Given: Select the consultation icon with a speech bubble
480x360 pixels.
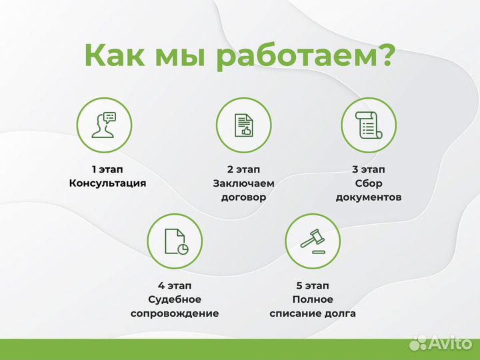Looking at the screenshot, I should coord(105,125).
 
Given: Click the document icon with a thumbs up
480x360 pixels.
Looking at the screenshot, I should coord(243,125).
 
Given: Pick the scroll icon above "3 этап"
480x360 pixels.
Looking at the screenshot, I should coord(369,125).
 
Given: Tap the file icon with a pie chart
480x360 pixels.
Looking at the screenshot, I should coord(175,241).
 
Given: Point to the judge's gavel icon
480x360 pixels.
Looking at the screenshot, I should coord(313,241).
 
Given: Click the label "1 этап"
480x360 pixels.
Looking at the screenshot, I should coord(107,169).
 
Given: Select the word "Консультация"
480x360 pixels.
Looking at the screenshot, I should coord(107,183).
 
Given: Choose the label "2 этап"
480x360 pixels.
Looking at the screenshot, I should coord(243,169).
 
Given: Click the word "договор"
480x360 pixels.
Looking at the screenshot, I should coord(243,197).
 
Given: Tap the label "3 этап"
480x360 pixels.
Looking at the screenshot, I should coord(369,169).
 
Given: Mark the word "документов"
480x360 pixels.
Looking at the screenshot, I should coord(369,197).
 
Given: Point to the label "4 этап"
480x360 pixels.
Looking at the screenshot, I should coord(175,285).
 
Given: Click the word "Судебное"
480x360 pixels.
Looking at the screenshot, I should coord(175,299).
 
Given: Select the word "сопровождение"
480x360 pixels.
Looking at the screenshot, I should coord(175,313).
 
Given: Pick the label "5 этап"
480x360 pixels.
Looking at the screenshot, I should coord(313,285).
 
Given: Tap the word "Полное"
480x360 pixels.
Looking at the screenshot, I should coord(313,299).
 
